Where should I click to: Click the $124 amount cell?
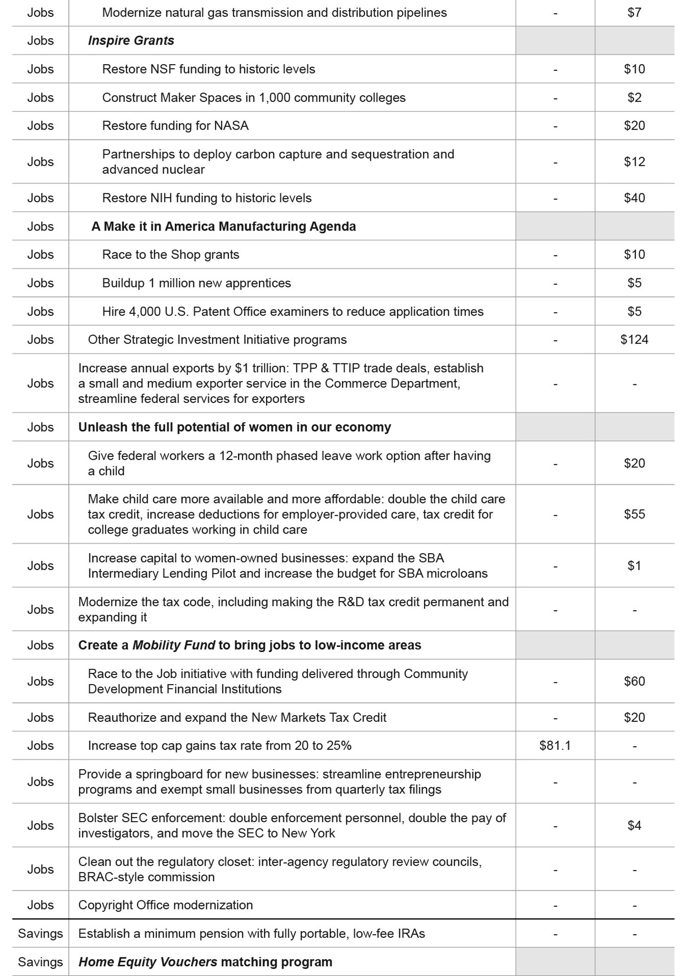click(634, 340)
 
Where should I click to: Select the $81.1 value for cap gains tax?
click(555, 745)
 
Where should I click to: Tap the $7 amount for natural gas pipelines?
click(634, 13)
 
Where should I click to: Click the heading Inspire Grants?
click(131, 41)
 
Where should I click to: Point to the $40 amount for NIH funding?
click(634, 198)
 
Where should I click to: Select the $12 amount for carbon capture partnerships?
click(634, 162)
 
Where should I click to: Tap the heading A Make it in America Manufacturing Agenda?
click(224, 226)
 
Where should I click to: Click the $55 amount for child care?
click(634, 514)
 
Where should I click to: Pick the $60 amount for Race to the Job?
click(634, 681)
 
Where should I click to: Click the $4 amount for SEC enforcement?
click(634, 825)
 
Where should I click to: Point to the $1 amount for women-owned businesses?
click(634, 566)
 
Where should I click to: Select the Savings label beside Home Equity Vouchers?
click(40, 962)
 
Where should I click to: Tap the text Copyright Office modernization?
click(165, 905)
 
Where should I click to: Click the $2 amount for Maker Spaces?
click(634, 98)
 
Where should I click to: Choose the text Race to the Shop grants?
click(171, 255)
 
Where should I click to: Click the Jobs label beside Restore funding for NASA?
click(40, 126)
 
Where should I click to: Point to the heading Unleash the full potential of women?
click(234, 427)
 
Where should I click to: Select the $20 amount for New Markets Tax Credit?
click(634, 718)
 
